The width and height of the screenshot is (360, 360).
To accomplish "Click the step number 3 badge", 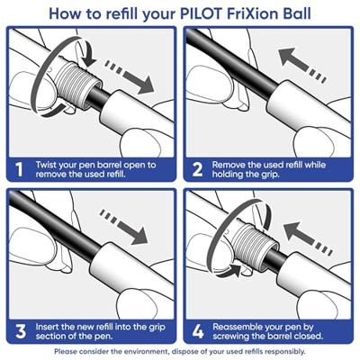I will click(19, 330).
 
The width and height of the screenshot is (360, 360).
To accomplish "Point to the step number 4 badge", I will click(197, 330).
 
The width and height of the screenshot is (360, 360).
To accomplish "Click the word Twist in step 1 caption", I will click(49, 166).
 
